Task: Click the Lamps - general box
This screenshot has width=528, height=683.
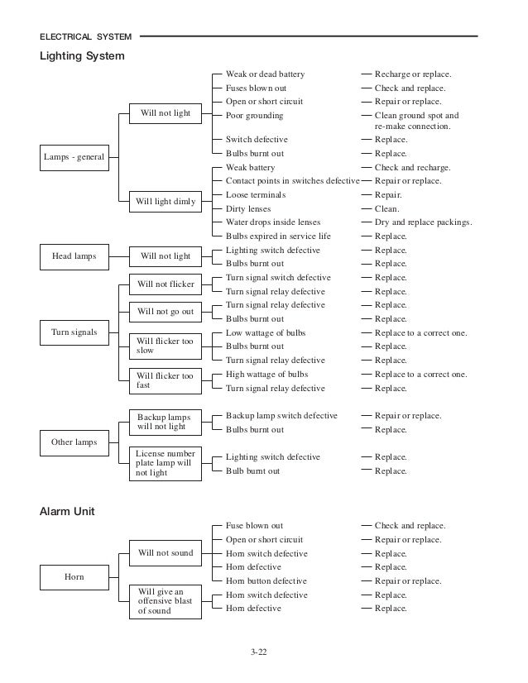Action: pos(74,156)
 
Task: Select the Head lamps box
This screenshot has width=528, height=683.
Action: pos(74,256)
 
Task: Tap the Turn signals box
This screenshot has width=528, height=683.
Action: pos(74,332)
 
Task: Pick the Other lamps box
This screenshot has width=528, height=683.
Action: pos(74,442)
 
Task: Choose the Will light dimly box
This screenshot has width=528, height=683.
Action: pos(166,202)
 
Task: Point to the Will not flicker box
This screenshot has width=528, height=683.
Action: pos(166,284)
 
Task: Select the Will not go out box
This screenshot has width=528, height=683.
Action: pos(166,312)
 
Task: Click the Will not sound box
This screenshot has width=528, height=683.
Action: pos(166,553)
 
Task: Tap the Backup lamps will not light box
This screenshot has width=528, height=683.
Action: pos(166,422)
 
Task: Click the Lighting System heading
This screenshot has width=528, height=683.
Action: pos(83,56)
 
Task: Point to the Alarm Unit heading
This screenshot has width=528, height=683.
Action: pos(68,512)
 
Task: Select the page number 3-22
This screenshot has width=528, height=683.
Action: pos(259,652)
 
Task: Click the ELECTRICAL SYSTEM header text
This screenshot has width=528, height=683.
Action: pos(86,37)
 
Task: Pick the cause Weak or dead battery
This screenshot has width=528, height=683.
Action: pos(265,74)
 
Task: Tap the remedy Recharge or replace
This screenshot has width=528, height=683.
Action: pos(413,74)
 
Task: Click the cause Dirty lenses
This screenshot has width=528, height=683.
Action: pos(248,209)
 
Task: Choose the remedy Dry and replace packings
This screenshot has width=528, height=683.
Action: pos(423,222)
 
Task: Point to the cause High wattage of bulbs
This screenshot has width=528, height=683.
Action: pos(266,375)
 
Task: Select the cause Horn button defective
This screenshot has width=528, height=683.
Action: pos(266,581)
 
